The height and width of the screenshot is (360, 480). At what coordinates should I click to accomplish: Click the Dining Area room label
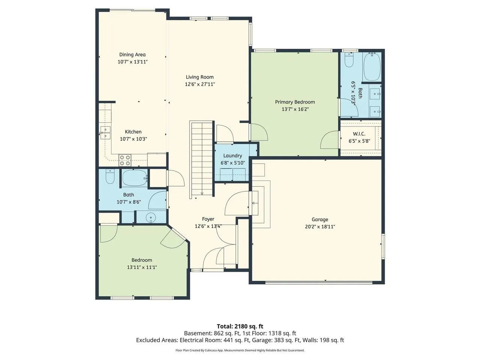point(132,55)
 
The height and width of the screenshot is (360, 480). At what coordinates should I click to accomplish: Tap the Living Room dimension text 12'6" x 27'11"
point(200,84)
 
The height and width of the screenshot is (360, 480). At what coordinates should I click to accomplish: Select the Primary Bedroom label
point(295,102)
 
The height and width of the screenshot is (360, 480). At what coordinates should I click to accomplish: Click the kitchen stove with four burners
point(125,160)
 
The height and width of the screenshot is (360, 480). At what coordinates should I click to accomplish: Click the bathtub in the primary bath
point(372,66)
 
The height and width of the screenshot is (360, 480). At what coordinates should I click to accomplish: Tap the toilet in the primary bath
point(349,60)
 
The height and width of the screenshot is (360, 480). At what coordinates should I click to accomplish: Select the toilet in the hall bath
point(110,176)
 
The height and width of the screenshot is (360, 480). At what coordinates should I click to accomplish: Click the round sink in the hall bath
point(151,218)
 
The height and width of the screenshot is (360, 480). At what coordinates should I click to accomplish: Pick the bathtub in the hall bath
point(135,178)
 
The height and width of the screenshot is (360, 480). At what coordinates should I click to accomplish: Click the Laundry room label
point(232,156)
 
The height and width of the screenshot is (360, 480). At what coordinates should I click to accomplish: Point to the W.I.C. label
point(359,134)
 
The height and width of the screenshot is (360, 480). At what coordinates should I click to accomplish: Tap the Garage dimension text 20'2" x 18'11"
point(320,226)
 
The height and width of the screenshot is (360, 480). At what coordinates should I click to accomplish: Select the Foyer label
point(208,219)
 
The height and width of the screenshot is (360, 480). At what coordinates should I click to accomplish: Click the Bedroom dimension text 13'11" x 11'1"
point(142,267)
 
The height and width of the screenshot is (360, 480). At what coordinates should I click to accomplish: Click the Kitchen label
point(133,132)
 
